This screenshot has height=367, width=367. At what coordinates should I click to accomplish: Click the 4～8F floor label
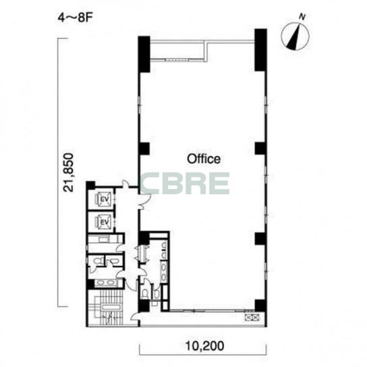(x=76, y=18)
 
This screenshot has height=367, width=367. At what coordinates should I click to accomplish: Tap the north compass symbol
(x=295, y=36)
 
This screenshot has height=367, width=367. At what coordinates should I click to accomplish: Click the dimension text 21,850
(x=68, y=173)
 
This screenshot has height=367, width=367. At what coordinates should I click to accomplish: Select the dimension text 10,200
(x=204, y=346)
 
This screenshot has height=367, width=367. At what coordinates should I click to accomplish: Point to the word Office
(x=204, y=159)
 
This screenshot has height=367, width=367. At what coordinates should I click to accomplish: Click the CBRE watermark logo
(x=185, y=183)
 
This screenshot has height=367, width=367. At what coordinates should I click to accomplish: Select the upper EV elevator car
(x=104, y=199)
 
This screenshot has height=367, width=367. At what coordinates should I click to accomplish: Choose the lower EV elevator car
(x=104, y=222)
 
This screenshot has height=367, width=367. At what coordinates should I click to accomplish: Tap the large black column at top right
(x=260, y=50)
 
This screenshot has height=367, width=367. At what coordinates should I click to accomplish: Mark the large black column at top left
(x=144, y=54)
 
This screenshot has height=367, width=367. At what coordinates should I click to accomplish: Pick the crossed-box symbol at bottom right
(x=252, y=317)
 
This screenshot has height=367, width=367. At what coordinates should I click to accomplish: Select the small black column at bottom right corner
(x=260, y=306)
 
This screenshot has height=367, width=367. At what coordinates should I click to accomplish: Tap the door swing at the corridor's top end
(x=126, y=183)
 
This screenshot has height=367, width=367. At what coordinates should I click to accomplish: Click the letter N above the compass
(x=303, y=17)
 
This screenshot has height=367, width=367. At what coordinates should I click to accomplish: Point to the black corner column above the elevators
(x=90, y=185)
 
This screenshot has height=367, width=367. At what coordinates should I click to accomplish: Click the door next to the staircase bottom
(x=135, y=316)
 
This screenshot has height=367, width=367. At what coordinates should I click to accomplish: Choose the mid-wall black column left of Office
(x=144, y=148)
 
